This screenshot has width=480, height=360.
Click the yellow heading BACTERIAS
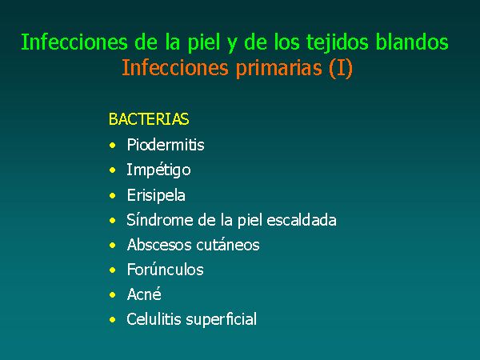[x=149, y=119]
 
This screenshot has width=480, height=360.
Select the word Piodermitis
[x=166, y=145]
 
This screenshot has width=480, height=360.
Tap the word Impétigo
[x=158, y=170]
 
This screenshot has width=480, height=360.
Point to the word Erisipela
[x=156, y=195]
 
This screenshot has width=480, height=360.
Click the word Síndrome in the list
[x=160, y=220]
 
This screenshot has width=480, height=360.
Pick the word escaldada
[x=302, y=220]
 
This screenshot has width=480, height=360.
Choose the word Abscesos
[x=159, y=245]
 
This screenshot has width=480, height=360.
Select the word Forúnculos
[x=166, y=270]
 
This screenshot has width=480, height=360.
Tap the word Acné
[x=144, y=294]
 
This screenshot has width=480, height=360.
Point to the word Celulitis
[x=154, y=319]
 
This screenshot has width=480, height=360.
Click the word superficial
[x=222, y=320]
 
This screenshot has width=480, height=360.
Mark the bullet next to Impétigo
[x=113, y=170]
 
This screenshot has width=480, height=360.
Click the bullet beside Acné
[x=113, y=294]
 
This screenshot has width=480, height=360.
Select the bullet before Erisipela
[x=113, y=195]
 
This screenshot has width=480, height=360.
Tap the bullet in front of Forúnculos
[x=113, y=270]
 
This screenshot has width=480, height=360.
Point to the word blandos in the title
[x=412, y=42]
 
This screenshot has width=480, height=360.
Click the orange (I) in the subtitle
[x=341, y=68]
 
